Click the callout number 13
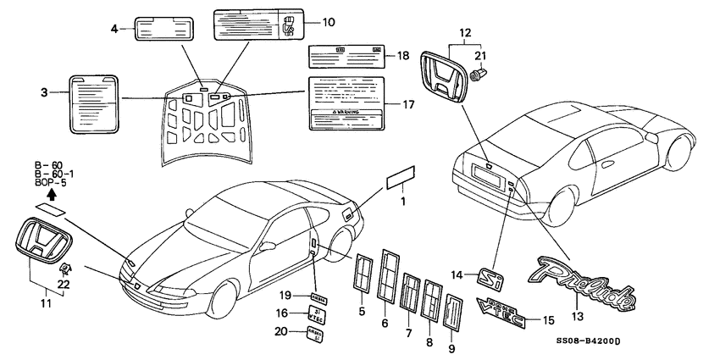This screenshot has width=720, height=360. (579, 315)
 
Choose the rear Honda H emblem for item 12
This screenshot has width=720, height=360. (443, 77)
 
